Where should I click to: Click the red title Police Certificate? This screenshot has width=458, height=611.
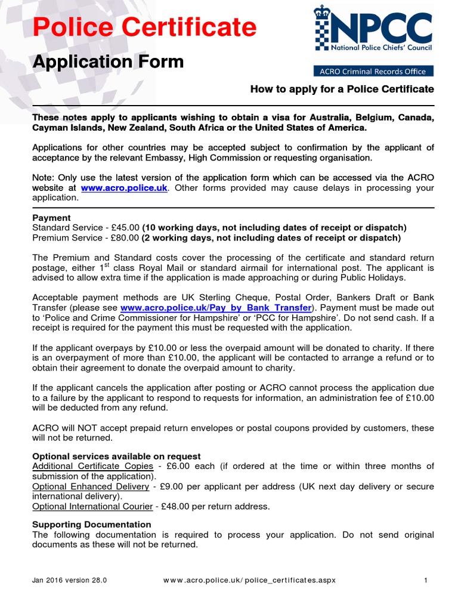pos(144,27)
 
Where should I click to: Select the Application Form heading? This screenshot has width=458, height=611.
pos(107,61)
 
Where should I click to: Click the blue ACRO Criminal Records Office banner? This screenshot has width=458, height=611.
pos(373,71)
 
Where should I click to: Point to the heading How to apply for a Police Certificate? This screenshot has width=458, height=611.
pos(342,90)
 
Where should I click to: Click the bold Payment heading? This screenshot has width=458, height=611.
pos(51,218)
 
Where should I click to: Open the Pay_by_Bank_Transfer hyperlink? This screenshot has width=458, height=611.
pos(216,308)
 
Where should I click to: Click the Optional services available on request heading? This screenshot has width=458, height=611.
pos(116,456)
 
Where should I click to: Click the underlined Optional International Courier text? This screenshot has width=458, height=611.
pos(92,507)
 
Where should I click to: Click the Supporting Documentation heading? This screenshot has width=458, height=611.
pos(91,524)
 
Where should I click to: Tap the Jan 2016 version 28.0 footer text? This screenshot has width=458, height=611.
pos(69,580)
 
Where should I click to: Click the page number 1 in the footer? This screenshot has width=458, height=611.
pos(426,580)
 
